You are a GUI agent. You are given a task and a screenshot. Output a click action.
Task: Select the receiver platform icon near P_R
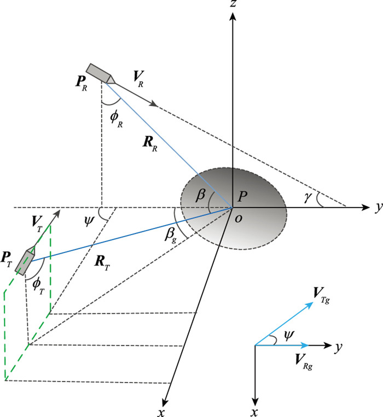(101, 73)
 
